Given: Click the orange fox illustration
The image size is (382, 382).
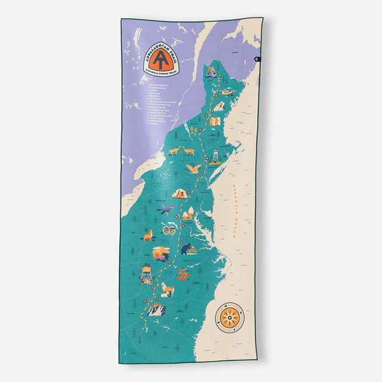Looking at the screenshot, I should tap(147, 234).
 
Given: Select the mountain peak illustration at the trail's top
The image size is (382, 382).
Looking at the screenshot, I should tap(212, 73).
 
